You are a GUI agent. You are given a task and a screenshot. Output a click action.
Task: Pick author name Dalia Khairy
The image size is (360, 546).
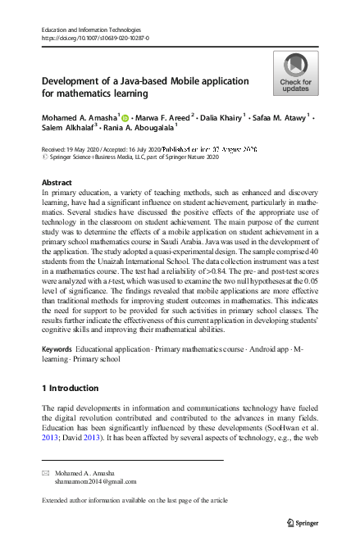(x=220, y=117)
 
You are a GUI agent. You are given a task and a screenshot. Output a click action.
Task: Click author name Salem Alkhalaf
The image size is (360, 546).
(x=68, y=129)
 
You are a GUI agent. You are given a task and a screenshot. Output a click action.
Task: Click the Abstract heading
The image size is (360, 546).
(x=56, y=182)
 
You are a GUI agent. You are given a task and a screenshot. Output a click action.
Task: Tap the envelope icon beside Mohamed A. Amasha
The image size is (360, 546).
(x=46, y=474)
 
